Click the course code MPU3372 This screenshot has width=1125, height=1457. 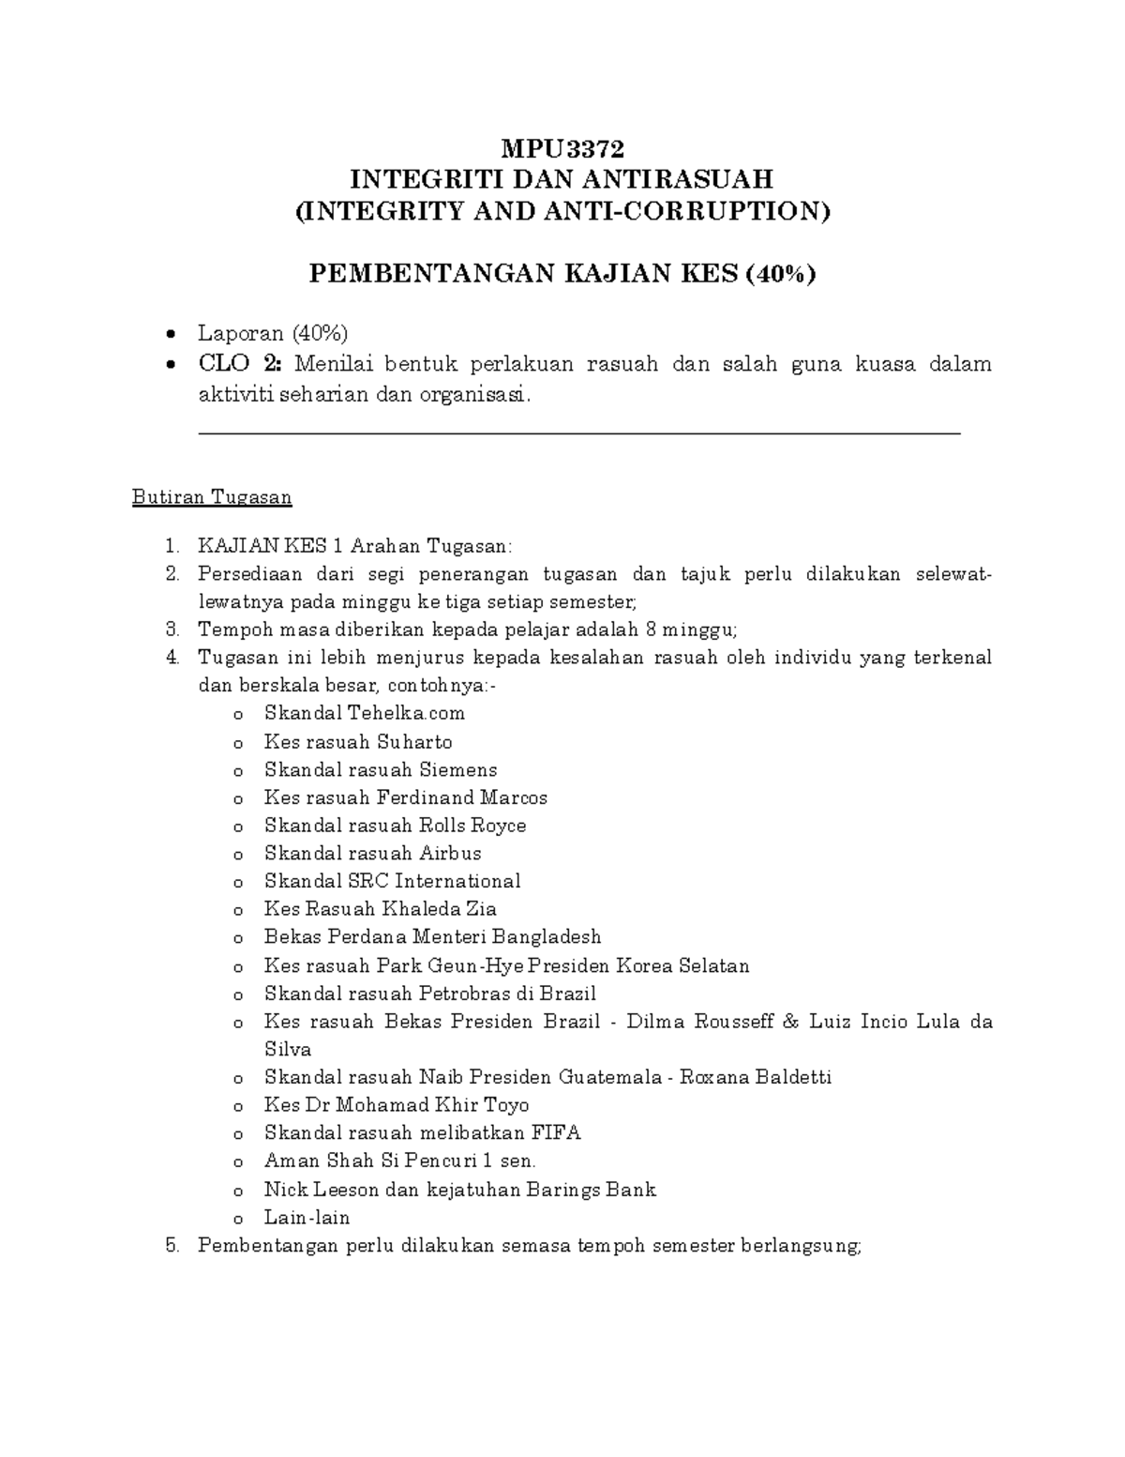click(x=562, y=148)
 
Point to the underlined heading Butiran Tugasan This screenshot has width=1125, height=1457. click(x=212, y=497)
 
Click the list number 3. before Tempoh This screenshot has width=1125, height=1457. click(x=171, y=630)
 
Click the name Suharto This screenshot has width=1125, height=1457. click(x=414, y=742)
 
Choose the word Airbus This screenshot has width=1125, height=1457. click(x=450, y=853)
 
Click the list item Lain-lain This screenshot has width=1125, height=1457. click(x=307, y=1218)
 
